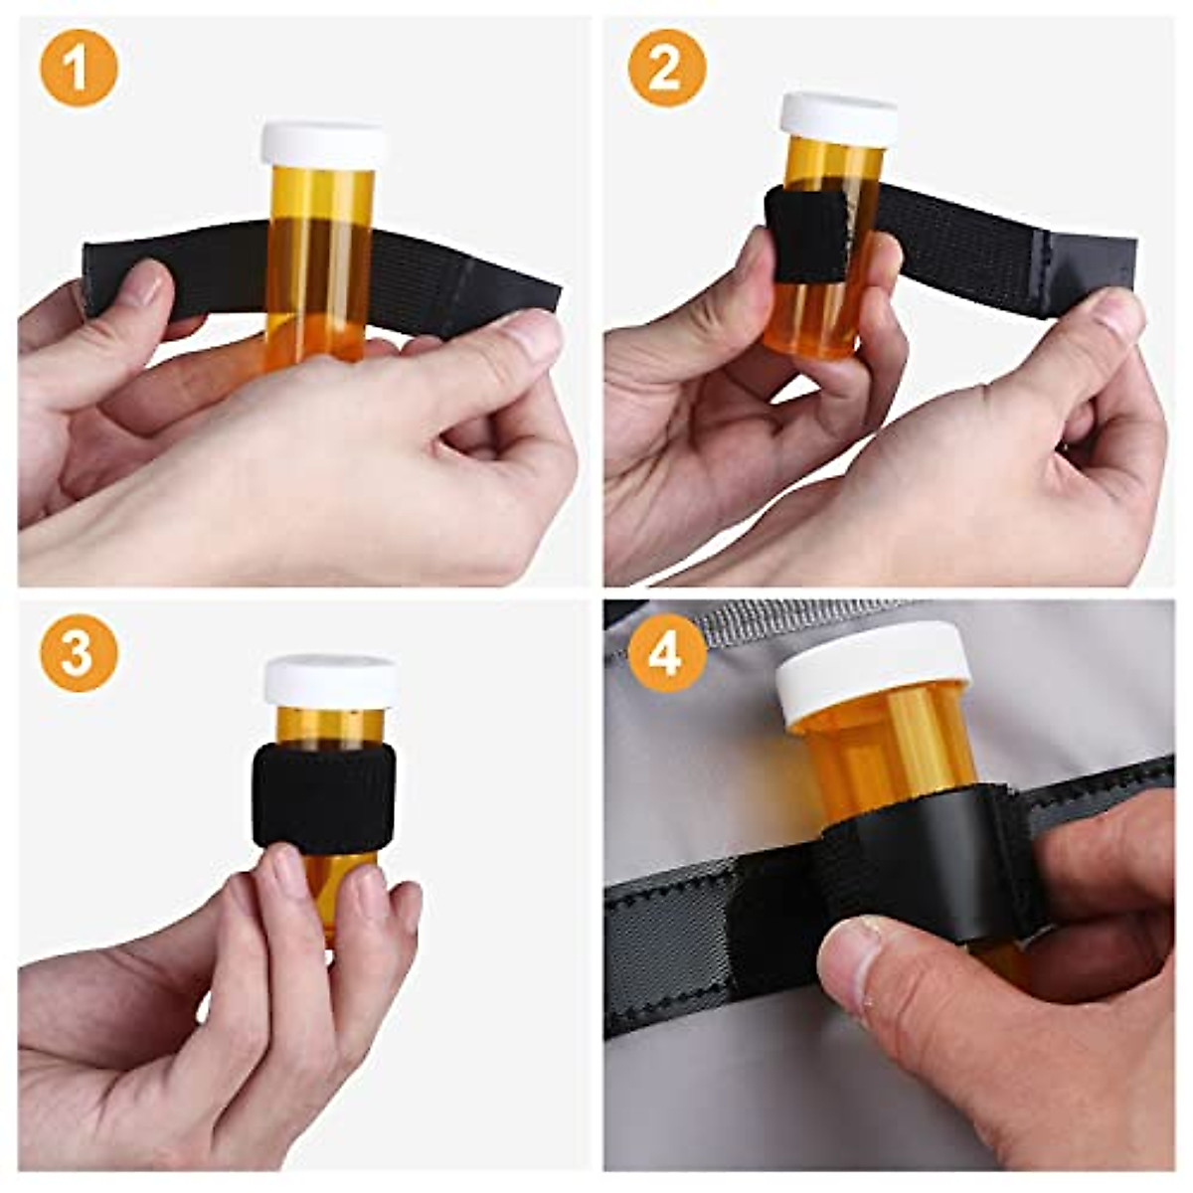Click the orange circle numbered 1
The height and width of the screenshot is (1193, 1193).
pos(79,67)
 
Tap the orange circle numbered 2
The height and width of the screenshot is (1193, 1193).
pos(666,67)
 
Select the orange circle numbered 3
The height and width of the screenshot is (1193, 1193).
pos(79,654)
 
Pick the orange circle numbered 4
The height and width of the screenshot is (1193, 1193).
pos(666,654)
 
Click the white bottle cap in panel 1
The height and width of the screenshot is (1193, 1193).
pos(324,145)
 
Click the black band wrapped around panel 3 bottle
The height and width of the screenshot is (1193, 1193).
pos(325,799)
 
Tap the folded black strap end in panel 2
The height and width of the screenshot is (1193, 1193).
pos(805,235)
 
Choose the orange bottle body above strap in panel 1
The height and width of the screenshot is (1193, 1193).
pos(318,199)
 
